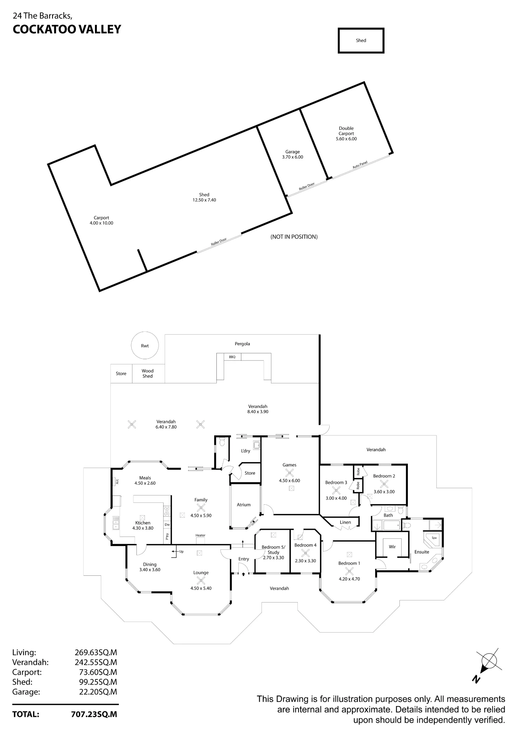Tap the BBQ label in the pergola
click(232, 357)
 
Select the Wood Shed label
click(147, 373)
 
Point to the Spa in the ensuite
click(434, 538)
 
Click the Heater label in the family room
click(200, 535)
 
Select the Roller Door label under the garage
click(307, 186)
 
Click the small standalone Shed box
click(361, 41)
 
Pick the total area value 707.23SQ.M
click(94, 714)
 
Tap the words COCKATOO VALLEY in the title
click(67, 29)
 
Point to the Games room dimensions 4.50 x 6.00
click(290, 480)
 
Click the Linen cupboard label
click(345, 522)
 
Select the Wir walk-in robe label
click(392, 547)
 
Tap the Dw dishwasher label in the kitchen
click(167, 524)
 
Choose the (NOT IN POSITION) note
click(294, 237)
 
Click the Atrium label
click(244, 505)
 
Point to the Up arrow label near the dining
click(179, 552)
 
